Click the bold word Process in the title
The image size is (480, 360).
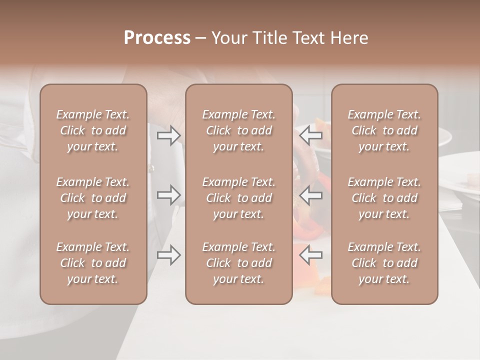click(157, 38)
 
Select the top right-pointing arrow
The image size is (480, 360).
click(168, 135)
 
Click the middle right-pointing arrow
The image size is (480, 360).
click(168, 195)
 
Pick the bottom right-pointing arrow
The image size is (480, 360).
click(168, 255)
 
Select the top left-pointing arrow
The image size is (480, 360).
click(310, 135)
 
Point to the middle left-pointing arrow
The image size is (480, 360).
click(310, 195)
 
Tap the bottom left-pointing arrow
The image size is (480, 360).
click(310, 255)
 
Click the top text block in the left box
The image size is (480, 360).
click(93, 130)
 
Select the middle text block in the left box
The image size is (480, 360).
click(93, 198)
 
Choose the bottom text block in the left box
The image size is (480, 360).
click(93, 263)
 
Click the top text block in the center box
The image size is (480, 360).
click(239, 130)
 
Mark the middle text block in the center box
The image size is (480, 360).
click(239, 198)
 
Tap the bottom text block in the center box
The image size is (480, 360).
click(239, 263)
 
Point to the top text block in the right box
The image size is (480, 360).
click(384, 130)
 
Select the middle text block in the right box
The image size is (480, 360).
click(384, 198)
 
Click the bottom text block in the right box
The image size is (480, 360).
click(384, 263)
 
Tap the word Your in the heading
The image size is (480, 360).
click(227, 38)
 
